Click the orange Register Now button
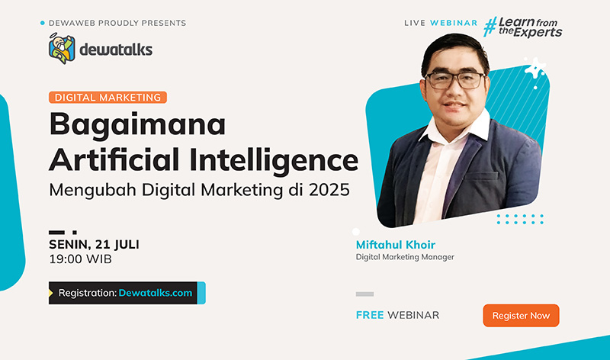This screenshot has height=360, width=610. pos(521,315)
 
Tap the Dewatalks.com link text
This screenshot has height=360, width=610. pos(156,293)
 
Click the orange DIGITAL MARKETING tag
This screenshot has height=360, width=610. pos(108,98)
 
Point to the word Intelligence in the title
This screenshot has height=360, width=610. pos(274,160)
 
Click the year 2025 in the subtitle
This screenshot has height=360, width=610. pos(329,190)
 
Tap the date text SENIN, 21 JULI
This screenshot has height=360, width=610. pos(94,244)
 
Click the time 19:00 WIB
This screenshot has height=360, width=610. pos(80,259)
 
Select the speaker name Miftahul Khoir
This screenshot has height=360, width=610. pos(395,245)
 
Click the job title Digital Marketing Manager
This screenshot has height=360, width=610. pos(405,257)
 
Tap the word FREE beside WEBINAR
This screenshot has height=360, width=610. pos(370,315)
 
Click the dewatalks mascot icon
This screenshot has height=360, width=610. pos(62,49)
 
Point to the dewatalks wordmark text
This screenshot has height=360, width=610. pos(116,50)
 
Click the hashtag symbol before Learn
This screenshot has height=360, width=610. pos(490,27)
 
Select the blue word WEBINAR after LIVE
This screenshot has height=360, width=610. pos(454,23)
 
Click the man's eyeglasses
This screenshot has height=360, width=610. pos(455,80)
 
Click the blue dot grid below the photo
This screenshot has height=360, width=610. pos(520,219)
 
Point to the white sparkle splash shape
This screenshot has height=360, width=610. pos(535,70)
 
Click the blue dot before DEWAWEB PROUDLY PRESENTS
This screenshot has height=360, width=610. pos(43,23)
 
